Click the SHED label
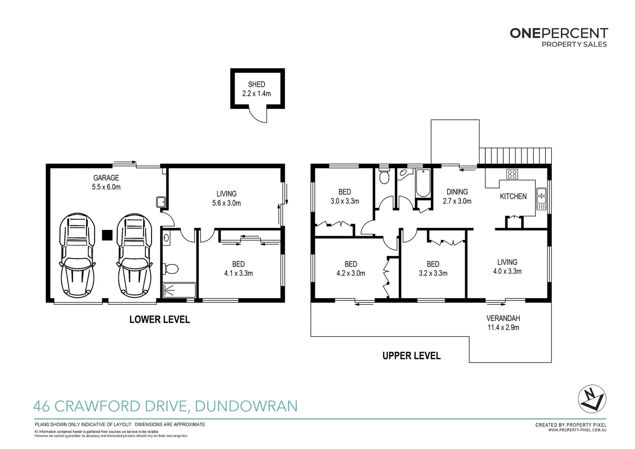point(256,84)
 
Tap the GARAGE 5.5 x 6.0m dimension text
point(106,187)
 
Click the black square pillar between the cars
point(107,235)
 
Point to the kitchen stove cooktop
point(512,174)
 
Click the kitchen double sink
point(541,199)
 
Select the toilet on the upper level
point(384,177)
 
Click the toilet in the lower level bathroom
point(171,269)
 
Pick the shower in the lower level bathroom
point(179,290)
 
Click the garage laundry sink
point(161,202)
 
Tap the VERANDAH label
point(503,318)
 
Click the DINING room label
point(457,192)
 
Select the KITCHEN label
point(513,196)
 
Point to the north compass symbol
point(592,399)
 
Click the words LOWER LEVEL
point(160,319)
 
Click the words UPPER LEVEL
point(411,356)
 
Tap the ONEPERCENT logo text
point(559,33)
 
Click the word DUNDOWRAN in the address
point(246,406)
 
